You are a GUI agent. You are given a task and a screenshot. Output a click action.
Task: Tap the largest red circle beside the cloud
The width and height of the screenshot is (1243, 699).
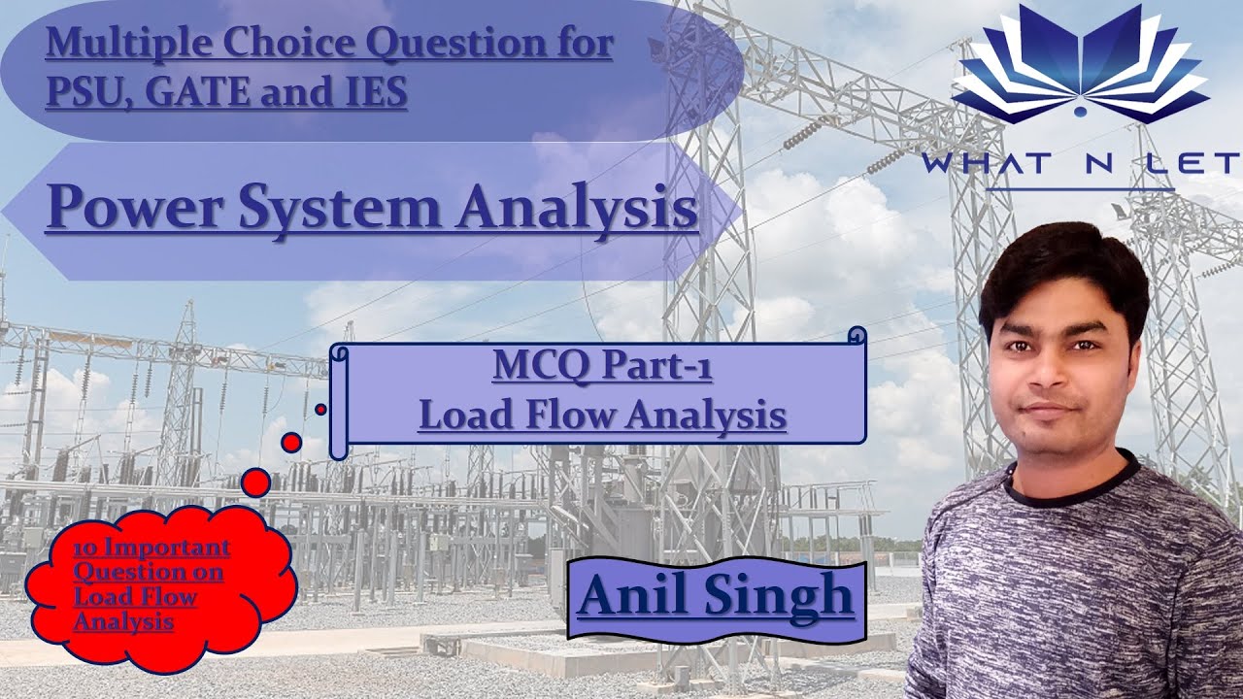tap(255, 482)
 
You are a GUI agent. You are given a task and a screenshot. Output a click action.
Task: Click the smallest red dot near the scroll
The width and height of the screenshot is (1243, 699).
tap(320, 410)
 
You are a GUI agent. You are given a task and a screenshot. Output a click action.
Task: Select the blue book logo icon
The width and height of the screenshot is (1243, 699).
tap(1080, 63)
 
